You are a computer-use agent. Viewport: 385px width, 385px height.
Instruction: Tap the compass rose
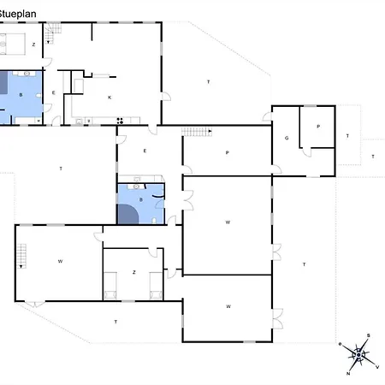[x=361, y=353]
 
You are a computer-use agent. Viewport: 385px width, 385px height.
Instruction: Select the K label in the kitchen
[x=110, y=98]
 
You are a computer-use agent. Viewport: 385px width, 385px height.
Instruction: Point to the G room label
[x=286, y=138]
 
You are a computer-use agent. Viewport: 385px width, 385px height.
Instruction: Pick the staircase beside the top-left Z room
[x=53, y=34]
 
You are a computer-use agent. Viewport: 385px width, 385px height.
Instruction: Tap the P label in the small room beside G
[x=318, y=127]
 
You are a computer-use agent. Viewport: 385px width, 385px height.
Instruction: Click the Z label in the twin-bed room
[x=133, y=272]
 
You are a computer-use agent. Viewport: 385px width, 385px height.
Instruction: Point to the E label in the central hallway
[x=145, y=151]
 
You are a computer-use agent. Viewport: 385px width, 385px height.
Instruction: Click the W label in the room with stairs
[x=61, y=260]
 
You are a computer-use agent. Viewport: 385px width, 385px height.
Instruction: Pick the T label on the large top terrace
[x=208, y=81]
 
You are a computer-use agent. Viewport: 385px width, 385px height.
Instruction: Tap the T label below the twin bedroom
[x=115, y=322]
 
